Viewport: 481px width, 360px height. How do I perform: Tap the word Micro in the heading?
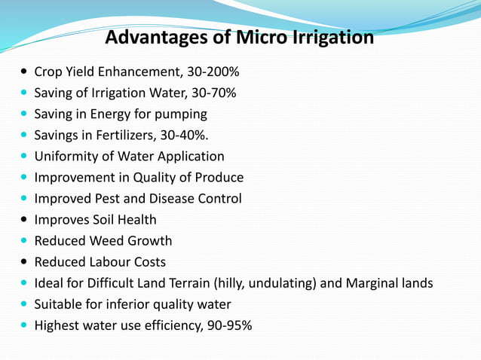click(x=262, y=36)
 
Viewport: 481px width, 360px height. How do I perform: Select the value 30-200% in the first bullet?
click(x=213, y=72)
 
